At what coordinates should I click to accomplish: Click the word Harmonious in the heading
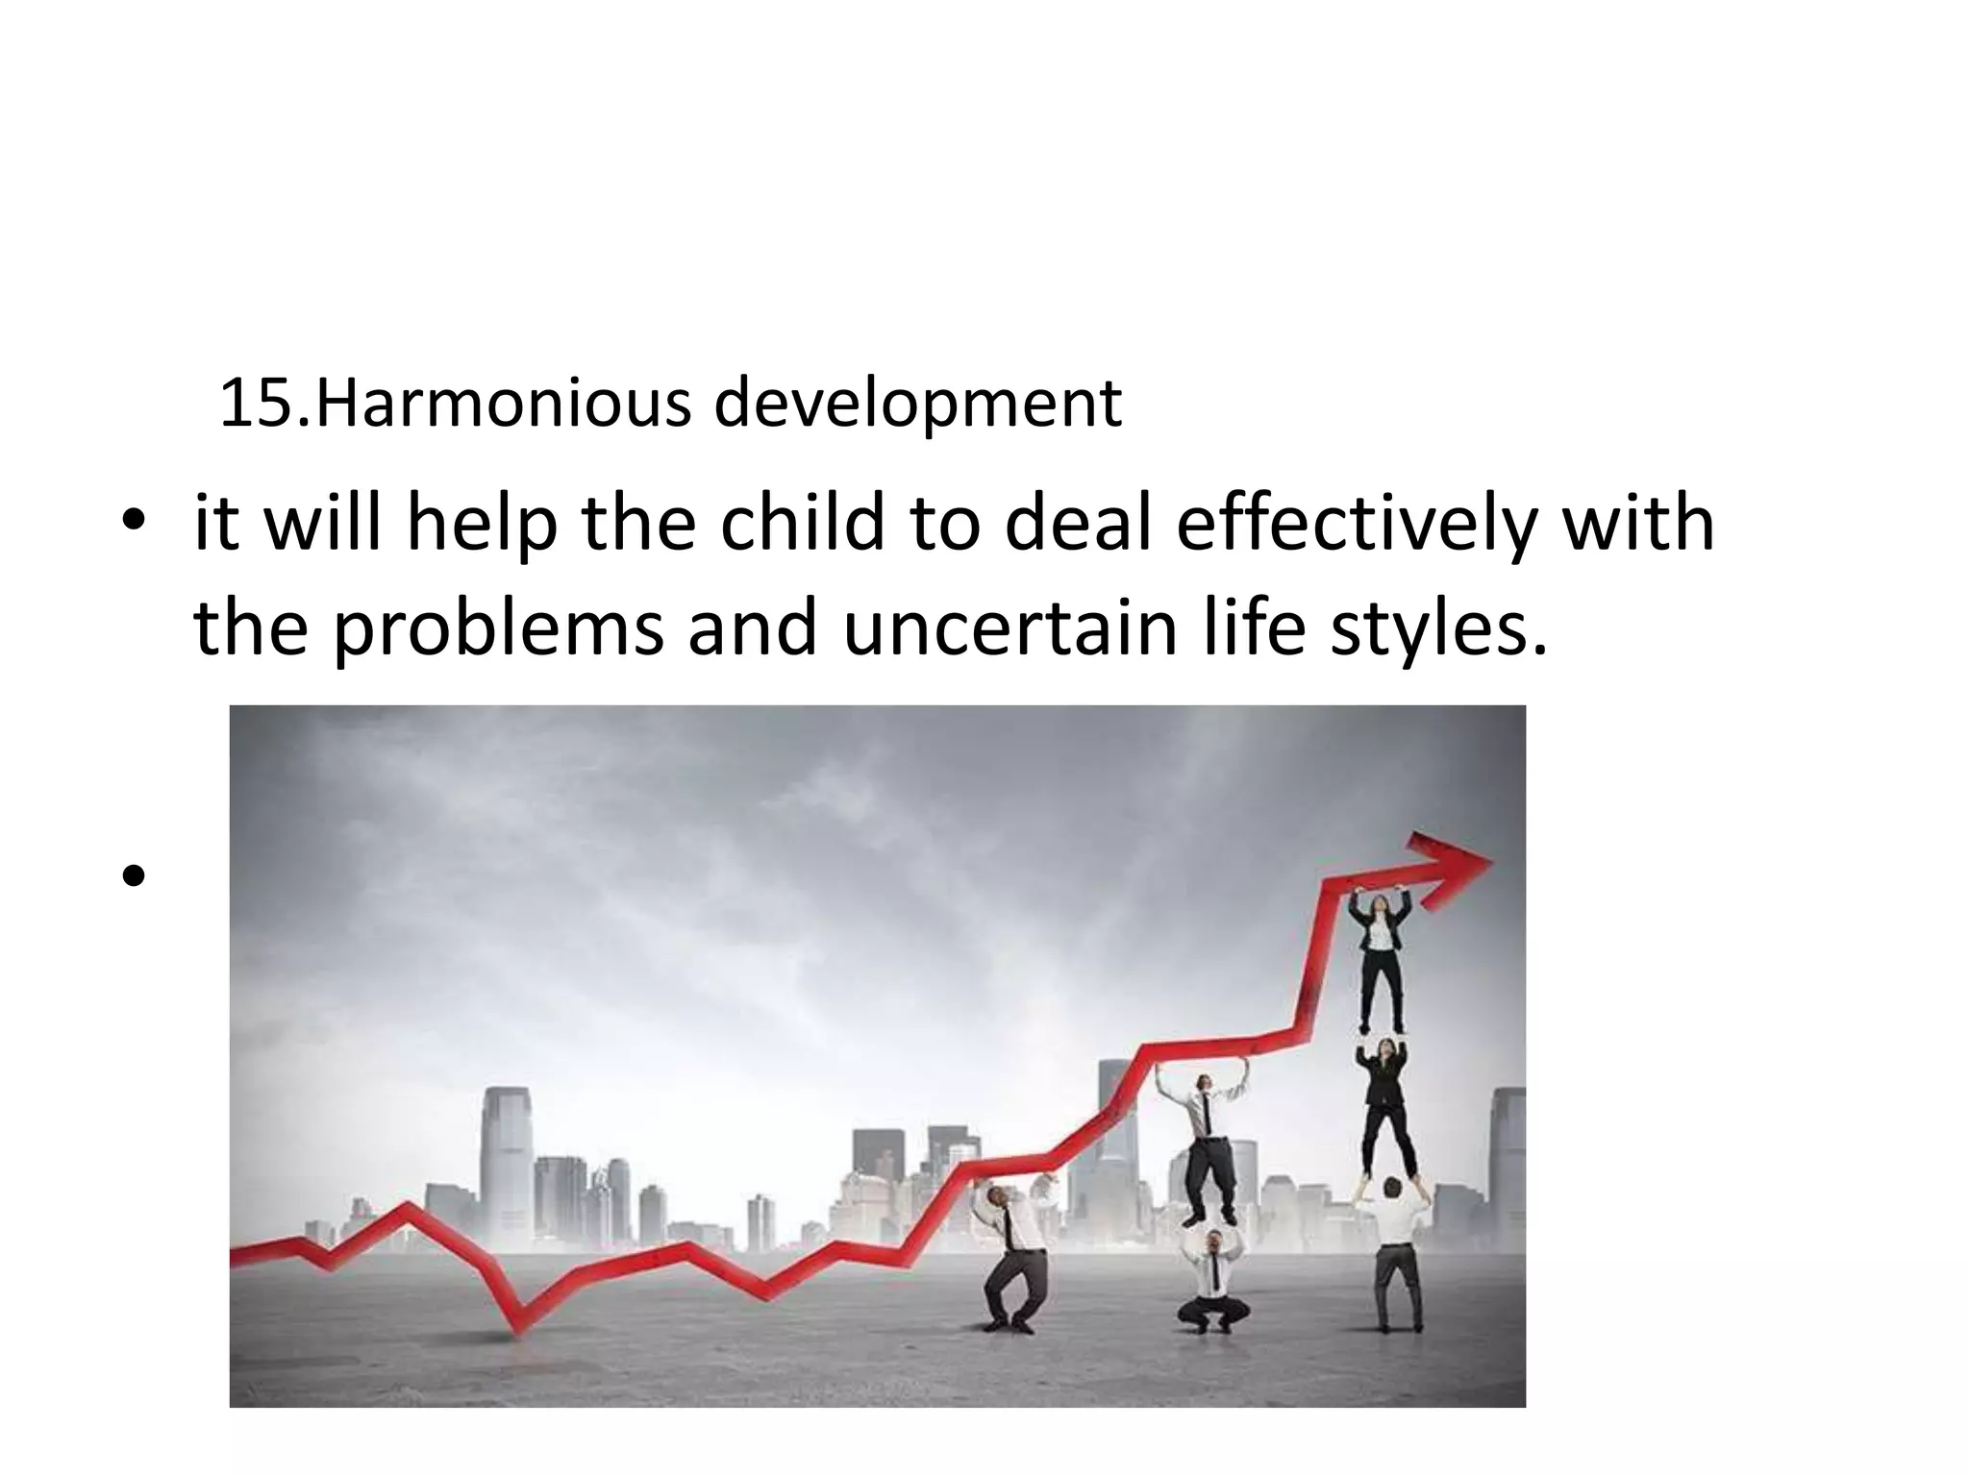tap(503, 404)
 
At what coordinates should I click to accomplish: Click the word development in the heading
tap(917, 406)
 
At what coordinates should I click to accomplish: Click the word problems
tap(498, 630)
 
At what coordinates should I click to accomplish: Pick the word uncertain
tap(1009, 628)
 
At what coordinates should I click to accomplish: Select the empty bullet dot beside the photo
tap(134, 875)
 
